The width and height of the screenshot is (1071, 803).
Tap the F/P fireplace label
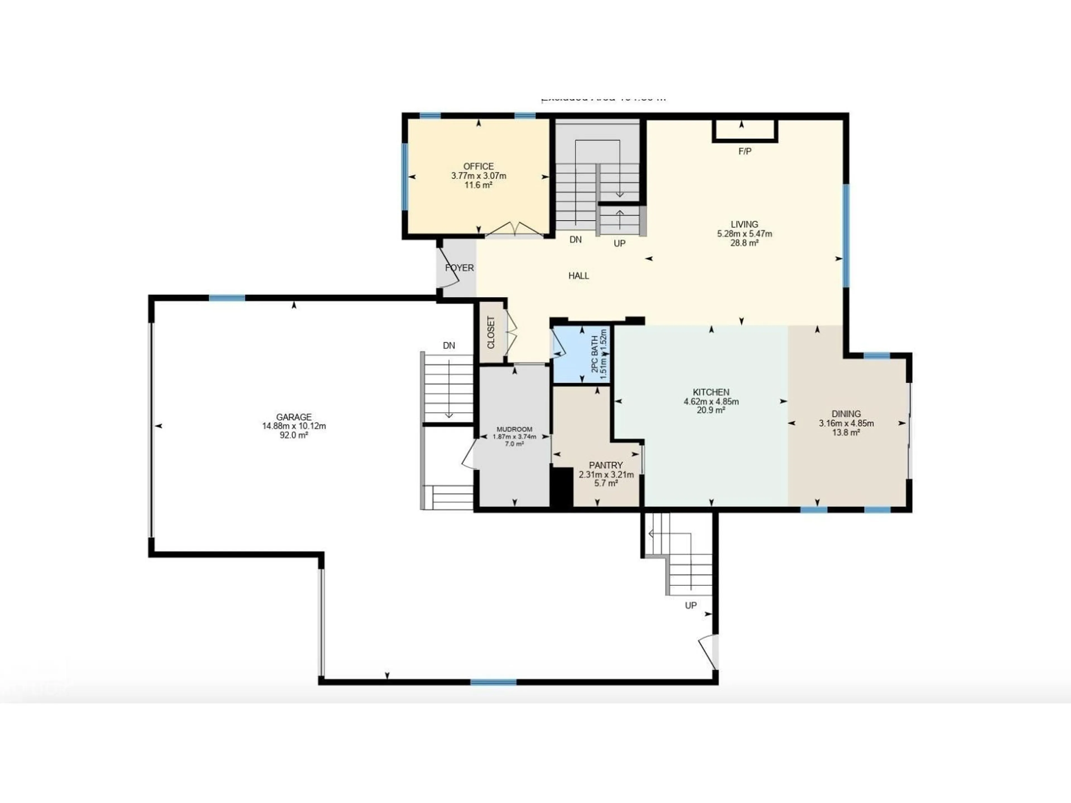[x=745, y=151]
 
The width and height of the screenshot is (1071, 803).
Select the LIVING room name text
[x=744, y=224]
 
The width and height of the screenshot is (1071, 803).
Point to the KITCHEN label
[x=711, y=392]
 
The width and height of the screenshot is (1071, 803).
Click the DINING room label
[x=846, y=414]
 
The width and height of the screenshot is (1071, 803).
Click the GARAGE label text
[x=293, y=417]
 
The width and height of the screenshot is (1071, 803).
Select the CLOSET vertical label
[x=491, y=333]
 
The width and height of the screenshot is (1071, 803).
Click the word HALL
[x=579, y=276]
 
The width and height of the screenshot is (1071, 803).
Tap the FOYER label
[x=459, y=268]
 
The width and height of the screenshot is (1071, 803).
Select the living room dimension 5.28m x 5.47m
[x=744, y=234]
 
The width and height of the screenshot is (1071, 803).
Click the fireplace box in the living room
[x=745, y=131]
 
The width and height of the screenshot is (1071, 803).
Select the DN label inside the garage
[x=449, y=345]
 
